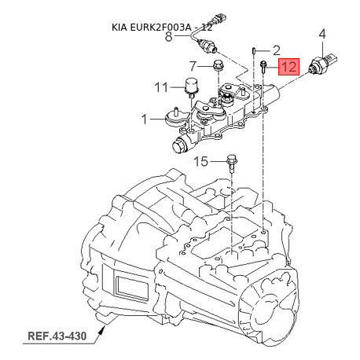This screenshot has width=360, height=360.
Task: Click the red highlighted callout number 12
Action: point(288,67)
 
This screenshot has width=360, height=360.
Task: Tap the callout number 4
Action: point(322,35)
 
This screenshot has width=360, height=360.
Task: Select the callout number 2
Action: point(276,50)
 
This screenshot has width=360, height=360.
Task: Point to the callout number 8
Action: point(169,36)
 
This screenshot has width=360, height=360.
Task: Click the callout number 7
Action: point(193,66)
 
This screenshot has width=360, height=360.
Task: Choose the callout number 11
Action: point(161,87)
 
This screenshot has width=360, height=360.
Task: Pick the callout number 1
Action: point(144,119)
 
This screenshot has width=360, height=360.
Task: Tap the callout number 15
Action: point(200,161)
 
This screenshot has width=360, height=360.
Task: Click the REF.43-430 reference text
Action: point(57,336)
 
